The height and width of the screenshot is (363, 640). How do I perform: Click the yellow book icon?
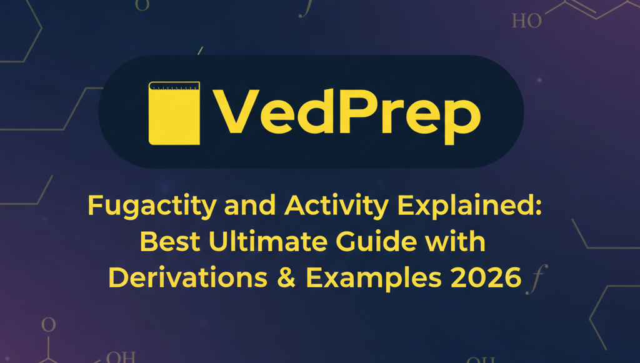(174, 113)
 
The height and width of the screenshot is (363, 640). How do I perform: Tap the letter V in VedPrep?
(236, 111)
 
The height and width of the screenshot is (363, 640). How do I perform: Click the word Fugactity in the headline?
(152, 206)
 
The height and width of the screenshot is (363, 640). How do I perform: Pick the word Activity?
(337, 206)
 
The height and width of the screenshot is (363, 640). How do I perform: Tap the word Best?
(170, 241)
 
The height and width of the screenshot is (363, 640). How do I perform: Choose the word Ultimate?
(268, 241)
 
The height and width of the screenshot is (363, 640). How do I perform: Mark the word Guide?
(377, 241)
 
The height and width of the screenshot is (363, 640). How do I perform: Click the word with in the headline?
(456, 241)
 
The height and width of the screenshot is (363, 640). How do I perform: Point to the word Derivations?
(187, 278)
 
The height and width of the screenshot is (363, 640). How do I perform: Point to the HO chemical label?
(526, 21)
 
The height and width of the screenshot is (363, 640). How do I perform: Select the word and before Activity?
(250, 206)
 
